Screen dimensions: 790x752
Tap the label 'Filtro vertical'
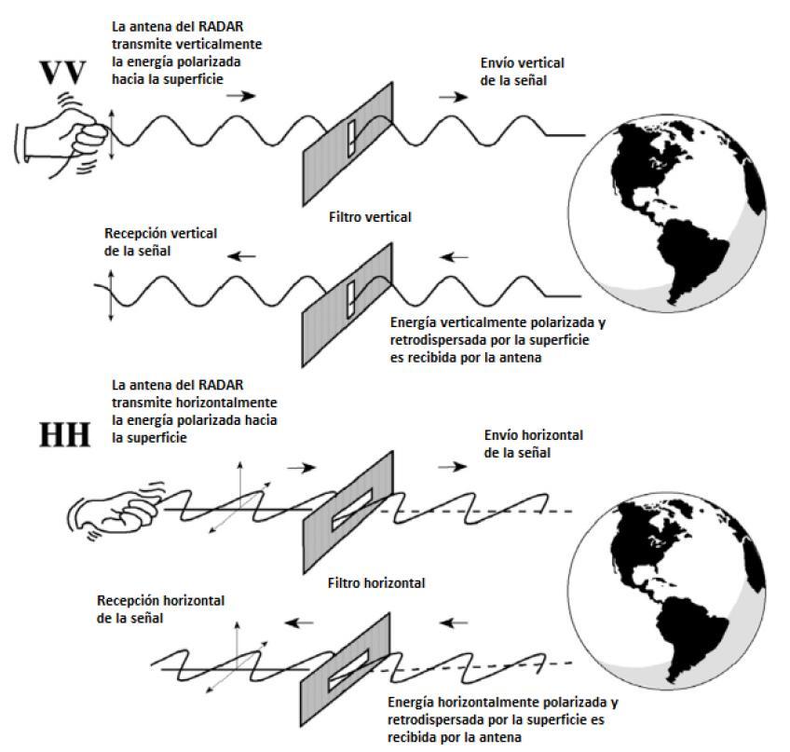point(370,217)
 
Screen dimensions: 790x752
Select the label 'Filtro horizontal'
point(376,582)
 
